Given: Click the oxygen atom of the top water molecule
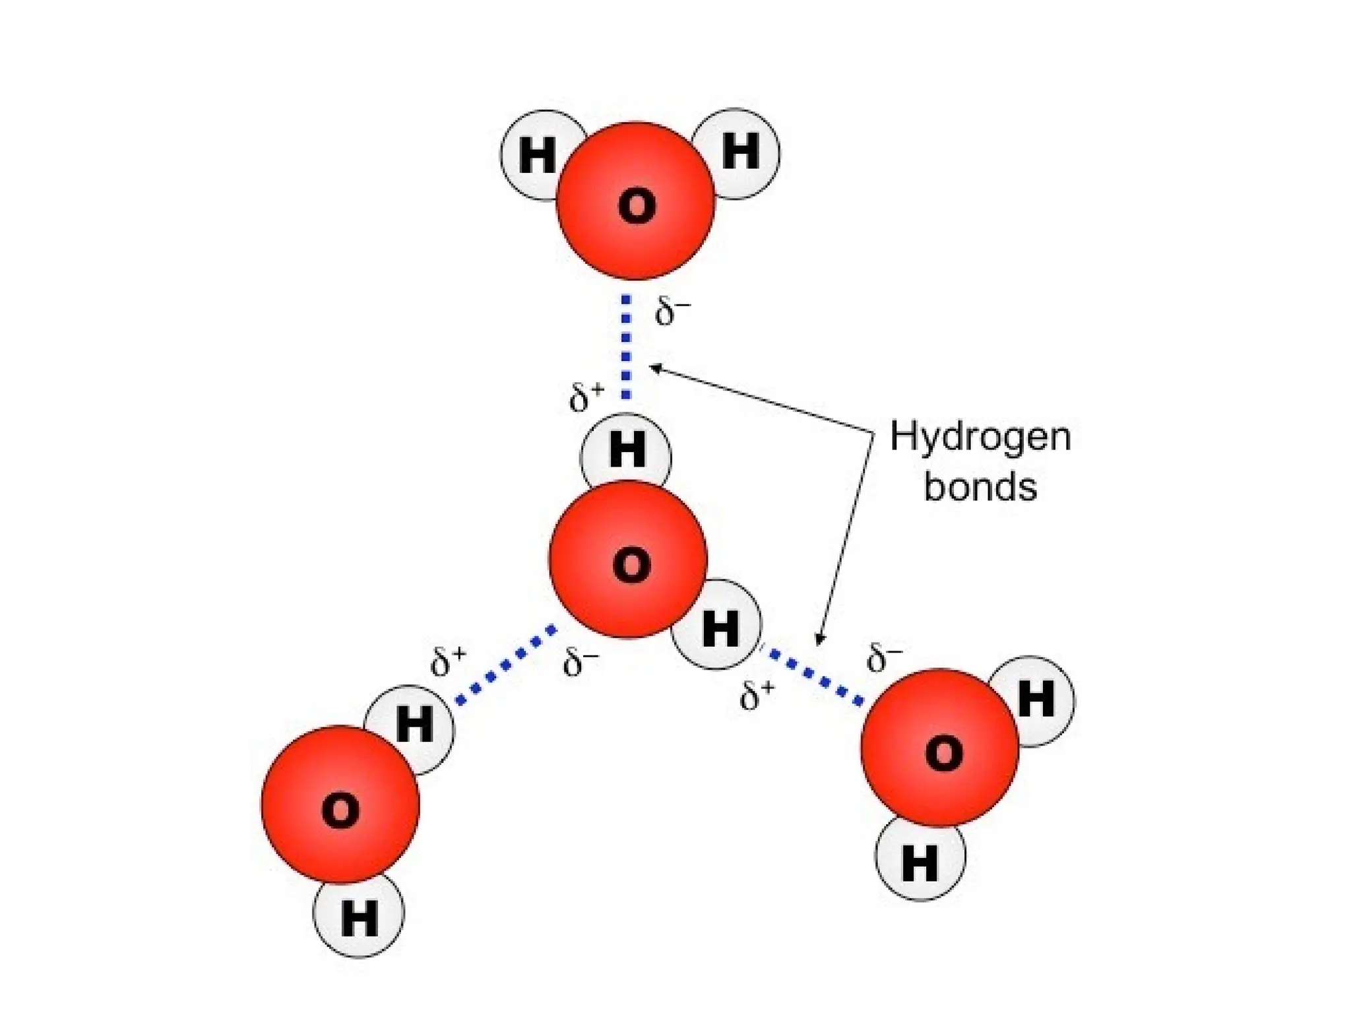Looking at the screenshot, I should point(636,201).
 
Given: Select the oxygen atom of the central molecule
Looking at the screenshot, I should point(628,560).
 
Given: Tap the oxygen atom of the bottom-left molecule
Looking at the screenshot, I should point(340,804).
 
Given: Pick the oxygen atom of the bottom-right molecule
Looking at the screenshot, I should point(940,748).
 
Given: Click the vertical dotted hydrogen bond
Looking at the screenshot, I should point(626,347).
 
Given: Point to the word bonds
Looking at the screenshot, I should point(980,487).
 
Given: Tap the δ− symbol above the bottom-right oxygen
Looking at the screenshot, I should point(885,657).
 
